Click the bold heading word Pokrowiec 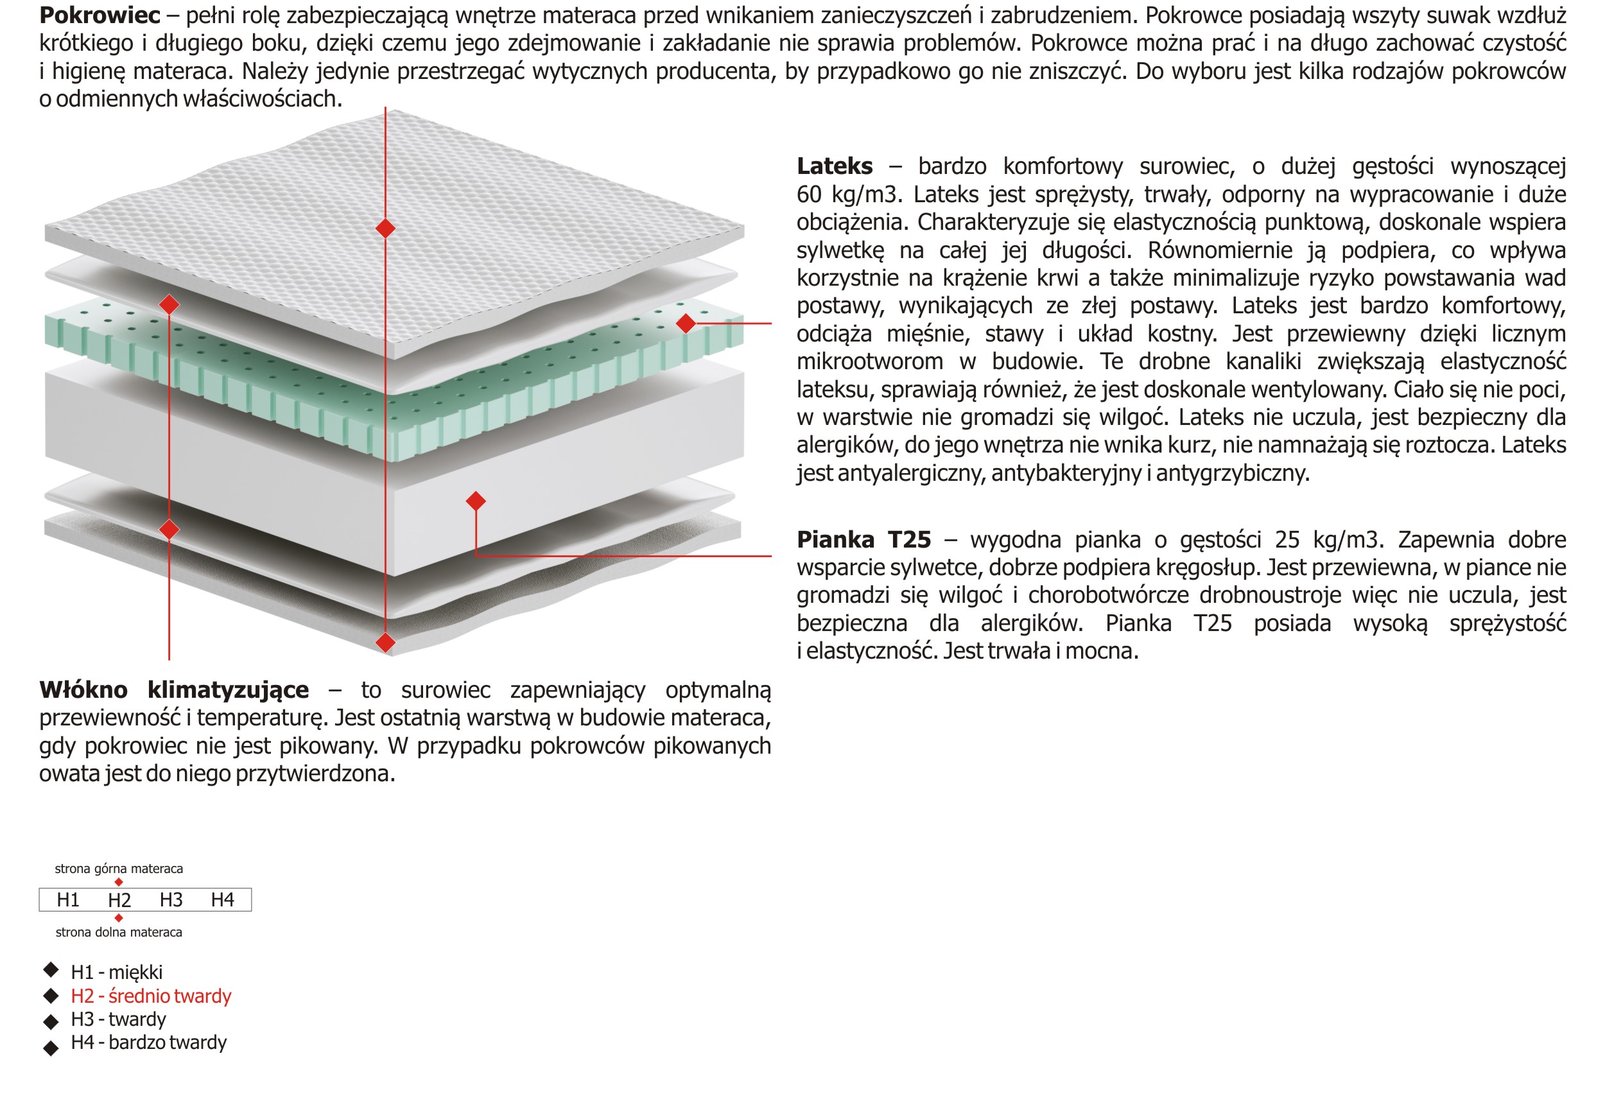[x=100, y=15]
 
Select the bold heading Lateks [x=835, y=167]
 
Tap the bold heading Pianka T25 [x=863, y=539]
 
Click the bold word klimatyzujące [x=229, y=690]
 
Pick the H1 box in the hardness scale [x=68, y=900]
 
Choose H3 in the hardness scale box [x=171, y=900]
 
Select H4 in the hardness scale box [x=222, y=900]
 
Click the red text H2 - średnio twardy [x=151, y=996]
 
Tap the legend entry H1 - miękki [x=117, y=972]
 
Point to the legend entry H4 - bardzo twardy [x=148, y=1043]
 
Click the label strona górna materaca [x=119, y=869]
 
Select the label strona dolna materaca [x=119, y=932]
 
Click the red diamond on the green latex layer [x=686, y=323]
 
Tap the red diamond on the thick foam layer [x=476, y=501]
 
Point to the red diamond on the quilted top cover [x=385, y=228]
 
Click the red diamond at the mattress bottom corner [x=385, y=642]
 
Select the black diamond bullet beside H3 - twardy [x=51, y=1021]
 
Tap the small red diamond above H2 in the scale [x=119, y=881]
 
